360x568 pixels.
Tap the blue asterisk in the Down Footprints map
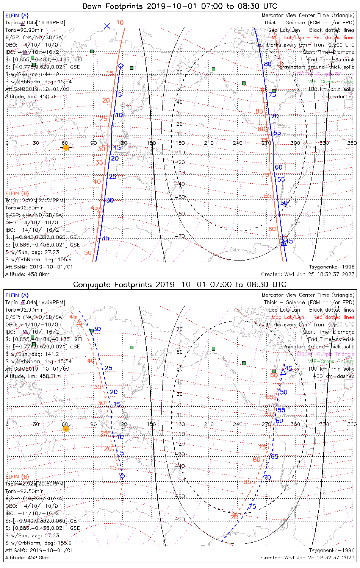tap(107, 26)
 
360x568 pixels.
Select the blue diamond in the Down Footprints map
tap(121, 66)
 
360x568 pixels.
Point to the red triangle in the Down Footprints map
tap(100, 209)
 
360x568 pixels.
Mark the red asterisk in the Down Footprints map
tap(262, 90)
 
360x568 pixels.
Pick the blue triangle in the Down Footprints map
tap(283, 243)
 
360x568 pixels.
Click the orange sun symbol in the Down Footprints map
tap(66, 148)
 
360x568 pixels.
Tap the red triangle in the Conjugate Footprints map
tap(79, 322)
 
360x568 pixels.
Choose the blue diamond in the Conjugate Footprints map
tap(122, 476)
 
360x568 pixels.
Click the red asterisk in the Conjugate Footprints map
tap(234, 515)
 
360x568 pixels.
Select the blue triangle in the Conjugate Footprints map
tap(283, 371)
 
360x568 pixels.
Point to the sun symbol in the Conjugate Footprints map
tap(66, 429)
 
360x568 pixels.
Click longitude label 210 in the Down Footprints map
tap(209, 143)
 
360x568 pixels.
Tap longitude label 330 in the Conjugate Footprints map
tap(324, 424)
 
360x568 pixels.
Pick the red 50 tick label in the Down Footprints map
tap(88, 253)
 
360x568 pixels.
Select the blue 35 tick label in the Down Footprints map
tap(105, 238)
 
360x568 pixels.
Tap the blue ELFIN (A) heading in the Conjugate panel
tap(17, 295)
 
